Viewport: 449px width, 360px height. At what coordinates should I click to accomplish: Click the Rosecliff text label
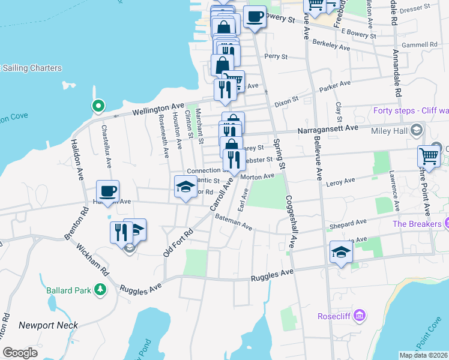[334, 316]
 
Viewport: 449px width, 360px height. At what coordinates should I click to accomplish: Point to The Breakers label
[417, 224]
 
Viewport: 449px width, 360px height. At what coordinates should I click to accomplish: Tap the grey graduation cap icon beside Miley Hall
[416, 130]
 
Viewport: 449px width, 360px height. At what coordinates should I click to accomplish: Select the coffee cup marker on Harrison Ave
[108, 191]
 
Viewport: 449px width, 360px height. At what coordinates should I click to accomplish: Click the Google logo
[20, 353]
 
